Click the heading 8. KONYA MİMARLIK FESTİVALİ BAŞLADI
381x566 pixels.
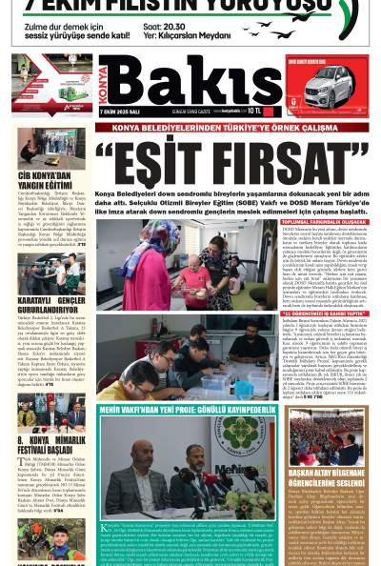tap(50, 442)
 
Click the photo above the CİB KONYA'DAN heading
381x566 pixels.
tap(50, 149)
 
